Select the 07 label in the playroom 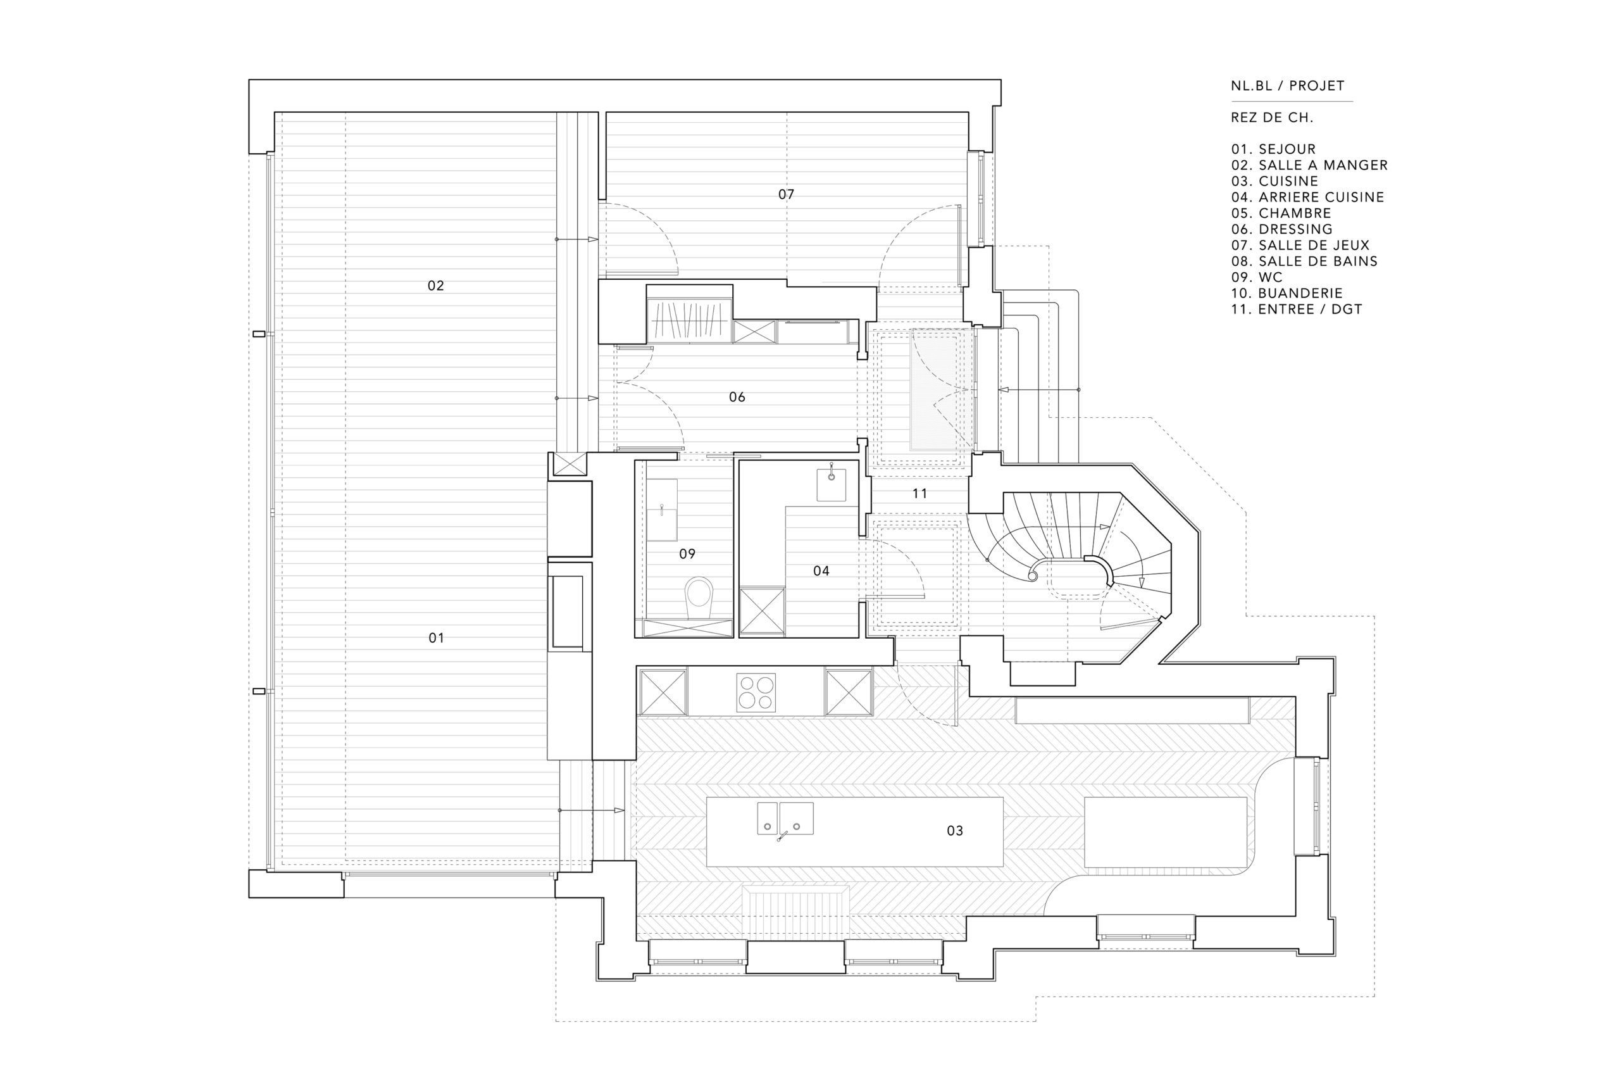785,194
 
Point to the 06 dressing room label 737,397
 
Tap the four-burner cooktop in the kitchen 756,692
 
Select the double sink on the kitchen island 785,819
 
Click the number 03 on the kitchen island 954,831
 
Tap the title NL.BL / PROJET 1288,86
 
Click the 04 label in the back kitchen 821,570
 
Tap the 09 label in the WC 687,553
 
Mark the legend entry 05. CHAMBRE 1281,213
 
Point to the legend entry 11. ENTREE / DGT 1297,310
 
